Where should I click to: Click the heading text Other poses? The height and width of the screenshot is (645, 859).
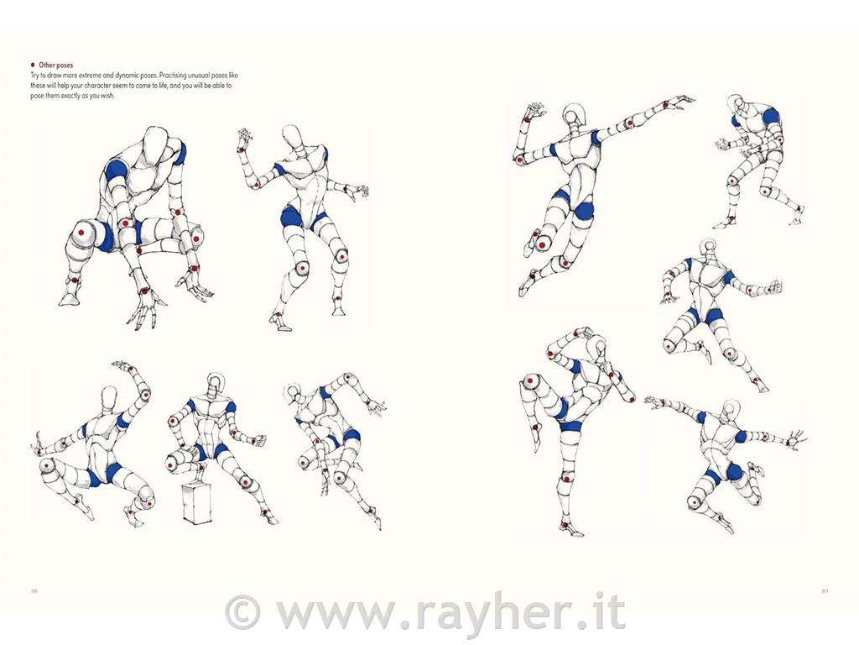click(56, 66)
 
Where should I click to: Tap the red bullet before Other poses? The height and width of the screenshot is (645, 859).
click(33, 65)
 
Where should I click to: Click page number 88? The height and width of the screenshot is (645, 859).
click(34, 590)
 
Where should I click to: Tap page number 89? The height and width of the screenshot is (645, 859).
click(825, 590)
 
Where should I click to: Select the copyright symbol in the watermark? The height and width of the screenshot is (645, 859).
click(242, 613)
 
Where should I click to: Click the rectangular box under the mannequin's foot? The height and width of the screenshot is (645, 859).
click(197, 503)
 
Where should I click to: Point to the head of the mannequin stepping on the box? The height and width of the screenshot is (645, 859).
click(214, 382)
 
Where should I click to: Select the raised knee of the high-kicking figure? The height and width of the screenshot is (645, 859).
click(530, 380)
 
